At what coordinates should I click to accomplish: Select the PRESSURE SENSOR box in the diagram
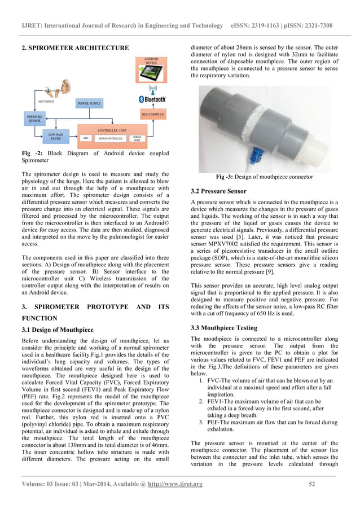[x=33, y=118]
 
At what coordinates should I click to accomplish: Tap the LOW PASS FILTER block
[x=55, y=136]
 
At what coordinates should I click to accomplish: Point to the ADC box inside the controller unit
[x=86, y=138]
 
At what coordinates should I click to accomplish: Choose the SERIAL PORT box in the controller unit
[x=137, y=138]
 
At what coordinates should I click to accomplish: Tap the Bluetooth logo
[x=152, y=99]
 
